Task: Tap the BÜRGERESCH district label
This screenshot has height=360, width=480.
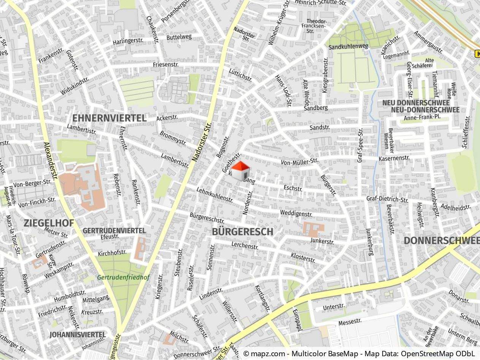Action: (x=242, y=231)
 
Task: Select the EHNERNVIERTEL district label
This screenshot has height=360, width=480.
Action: (x=109, y=118)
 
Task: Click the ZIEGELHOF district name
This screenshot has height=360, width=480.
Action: (x=48, y=223)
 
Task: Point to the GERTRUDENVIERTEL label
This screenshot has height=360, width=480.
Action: (x=114, y=231)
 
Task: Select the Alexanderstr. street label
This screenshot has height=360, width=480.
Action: (x=51, y=162)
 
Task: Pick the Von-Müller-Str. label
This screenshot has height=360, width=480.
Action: (x=299, y=162)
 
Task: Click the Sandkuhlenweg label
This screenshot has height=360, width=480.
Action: (x=349, y=47)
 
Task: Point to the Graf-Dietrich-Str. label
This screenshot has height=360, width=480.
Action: (x=387, y=199)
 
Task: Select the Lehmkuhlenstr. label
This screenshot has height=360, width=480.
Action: (x=214, y=194)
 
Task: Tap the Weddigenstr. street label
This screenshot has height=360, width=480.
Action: (x=296, y=213)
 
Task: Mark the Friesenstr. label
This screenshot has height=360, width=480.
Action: (x=165, y=65)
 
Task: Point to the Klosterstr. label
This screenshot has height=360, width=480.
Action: (x=303, y=258)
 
